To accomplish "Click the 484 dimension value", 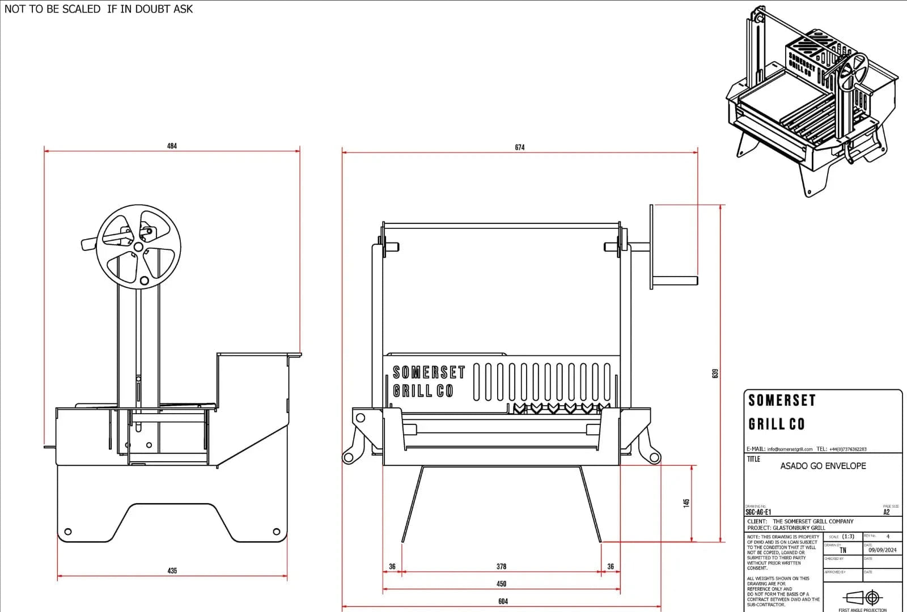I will point(172,146).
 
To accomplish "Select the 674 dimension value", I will point(519,147).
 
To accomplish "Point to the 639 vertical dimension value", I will point(715,373).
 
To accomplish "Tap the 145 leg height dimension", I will point(686,503).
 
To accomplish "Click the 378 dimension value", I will point(501,566).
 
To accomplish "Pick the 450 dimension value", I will point(501,584).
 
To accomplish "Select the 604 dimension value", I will point(503,601).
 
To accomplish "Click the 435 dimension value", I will point(172,571).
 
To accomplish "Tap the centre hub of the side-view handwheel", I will point(138,246).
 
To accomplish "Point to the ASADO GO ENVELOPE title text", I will point(823,466).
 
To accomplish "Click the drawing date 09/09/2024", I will point(882,550).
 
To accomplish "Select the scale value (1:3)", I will point(848,536).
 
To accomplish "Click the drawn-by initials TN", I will point(843,550).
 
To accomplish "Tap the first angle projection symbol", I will point(862,598).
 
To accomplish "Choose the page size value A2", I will point(887,512).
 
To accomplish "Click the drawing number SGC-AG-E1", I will point(758,512).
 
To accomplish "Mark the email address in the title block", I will point(790,449).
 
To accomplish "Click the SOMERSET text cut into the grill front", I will point(429,372).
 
